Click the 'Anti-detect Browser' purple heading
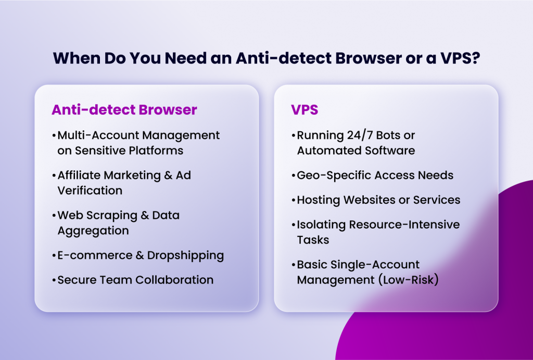point(124,110)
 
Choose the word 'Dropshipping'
point(185,255)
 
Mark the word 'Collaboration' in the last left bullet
point(174,280)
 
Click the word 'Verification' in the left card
point(90,190)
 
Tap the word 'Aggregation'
point(93,230)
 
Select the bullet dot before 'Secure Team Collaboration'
point(54,280)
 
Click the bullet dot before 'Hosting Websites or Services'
point(294,200)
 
